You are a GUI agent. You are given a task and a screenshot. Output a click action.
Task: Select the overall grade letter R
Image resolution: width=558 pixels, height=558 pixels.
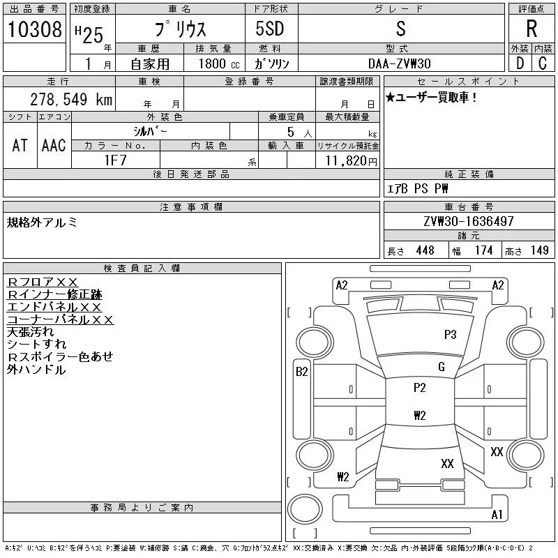(532, 29)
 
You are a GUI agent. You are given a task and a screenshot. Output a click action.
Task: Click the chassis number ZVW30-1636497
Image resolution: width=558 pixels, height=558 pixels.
(468, 222)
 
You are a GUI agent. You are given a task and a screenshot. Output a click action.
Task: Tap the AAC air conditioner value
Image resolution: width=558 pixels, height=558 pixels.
(54, 144)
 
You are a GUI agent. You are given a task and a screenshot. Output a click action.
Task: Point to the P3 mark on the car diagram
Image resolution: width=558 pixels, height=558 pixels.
(450, 335)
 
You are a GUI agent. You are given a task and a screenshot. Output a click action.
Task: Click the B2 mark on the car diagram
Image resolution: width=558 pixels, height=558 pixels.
(301, 372)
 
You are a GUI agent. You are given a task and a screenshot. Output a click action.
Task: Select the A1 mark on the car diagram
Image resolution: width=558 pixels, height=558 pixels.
(497, 515)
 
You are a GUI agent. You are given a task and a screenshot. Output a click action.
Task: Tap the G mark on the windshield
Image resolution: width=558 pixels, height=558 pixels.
(442, 367)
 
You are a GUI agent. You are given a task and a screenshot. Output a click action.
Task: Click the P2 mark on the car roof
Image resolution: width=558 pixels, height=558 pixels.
(419, 388)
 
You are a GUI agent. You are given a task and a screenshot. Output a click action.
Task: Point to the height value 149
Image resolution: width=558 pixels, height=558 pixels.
(539, 250)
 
